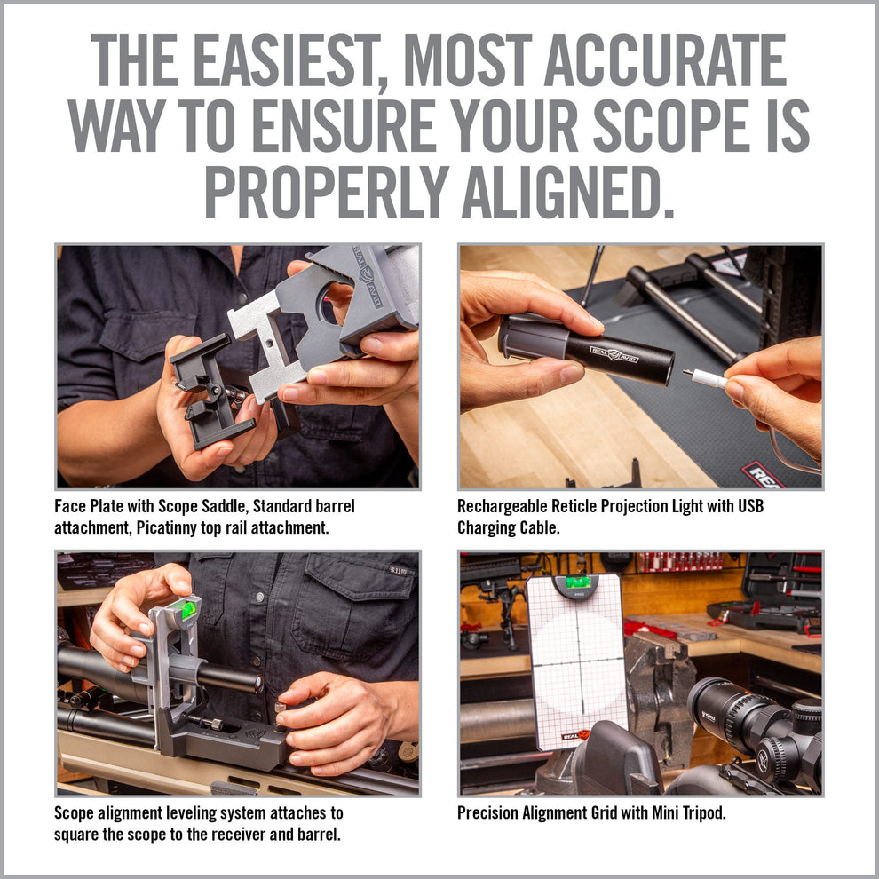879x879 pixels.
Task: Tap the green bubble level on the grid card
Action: (x=578, y=582)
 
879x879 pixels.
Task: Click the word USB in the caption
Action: (x=748, y=506)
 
